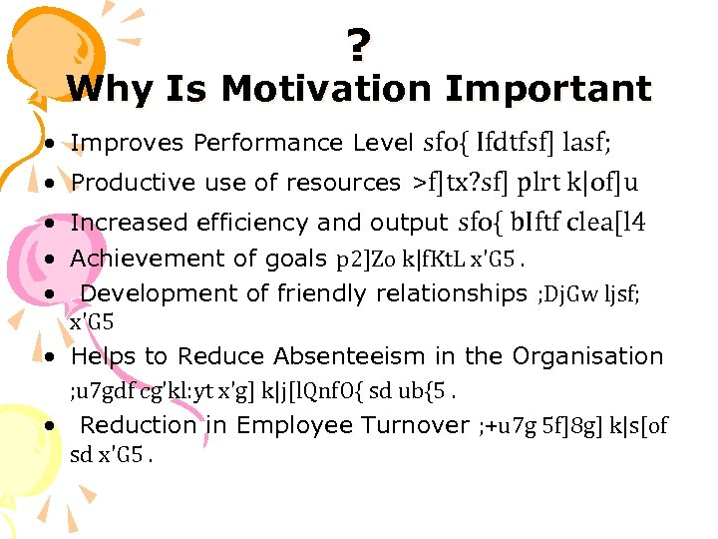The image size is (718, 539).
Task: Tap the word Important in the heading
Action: coord(547,90)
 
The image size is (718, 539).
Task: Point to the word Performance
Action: coord(269,144)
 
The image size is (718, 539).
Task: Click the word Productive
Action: coord(125,183)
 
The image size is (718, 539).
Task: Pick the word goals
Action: coord(296,259)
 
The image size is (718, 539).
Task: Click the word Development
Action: coord(148,293)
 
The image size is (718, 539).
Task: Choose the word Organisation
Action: coord(587,356)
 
